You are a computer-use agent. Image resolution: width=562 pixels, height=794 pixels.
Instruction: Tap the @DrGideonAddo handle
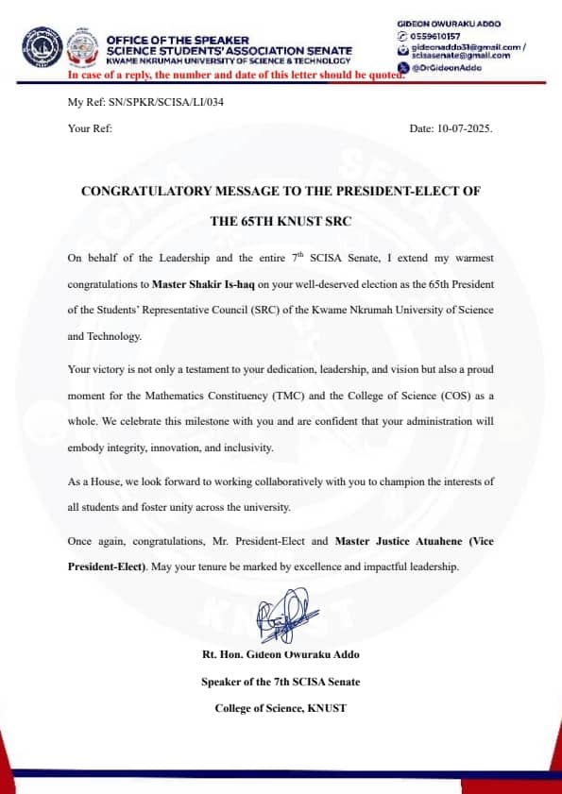[448, 68]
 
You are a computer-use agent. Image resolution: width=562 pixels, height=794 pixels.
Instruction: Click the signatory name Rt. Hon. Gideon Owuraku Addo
[280, 654]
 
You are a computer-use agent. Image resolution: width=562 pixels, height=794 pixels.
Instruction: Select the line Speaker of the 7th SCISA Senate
[280, 681]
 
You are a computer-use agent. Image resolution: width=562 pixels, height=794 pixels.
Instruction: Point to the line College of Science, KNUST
[280, 707]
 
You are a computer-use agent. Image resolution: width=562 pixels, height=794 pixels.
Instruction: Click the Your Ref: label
[90, 127]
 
